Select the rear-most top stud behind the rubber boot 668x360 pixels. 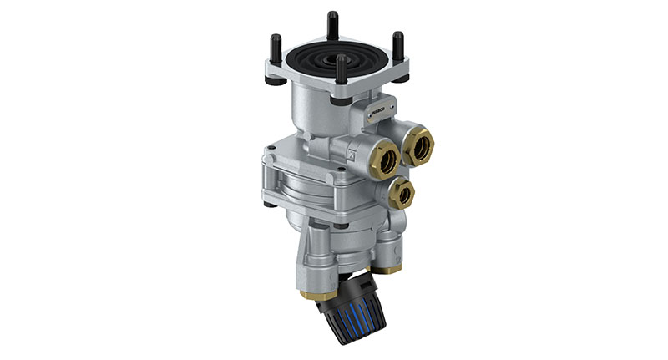[333, 23]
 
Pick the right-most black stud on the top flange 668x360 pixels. [398, 46]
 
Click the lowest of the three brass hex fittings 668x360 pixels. [402, 194]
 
